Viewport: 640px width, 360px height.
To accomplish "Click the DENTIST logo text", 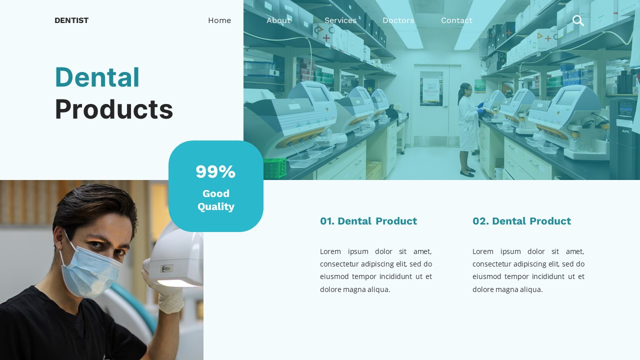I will click(x=71, y=20).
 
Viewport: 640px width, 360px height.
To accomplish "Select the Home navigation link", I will click(x=219, y=20).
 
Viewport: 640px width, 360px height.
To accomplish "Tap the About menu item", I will click(x=278, y=20).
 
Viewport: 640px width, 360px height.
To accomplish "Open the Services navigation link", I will click(x=340, y=20).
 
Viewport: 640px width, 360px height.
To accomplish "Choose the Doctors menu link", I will click(x=398, y=20).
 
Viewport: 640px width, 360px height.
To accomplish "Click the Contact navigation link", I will click(x=456, y=20).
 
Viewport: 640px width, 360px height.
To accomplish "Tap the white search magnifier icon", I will click(x=578, y=20).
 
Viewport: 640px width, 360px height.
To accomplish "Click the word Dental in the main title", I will click(x=97, y=77).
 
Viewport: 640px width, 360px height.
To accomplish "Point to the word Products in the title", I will click(x=114, y=109).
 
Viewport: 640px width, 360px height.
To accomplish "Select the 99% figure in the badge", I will click(x=215, y=171).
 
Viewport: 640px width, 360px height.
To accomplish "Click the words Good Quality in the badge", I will click(x=216, y=200).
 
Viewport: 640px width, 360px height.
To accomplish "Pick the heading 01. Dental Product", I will click(x=368, y=221).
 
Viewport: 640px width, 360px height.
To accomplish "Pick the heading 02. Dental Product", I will click(x=521, y=221).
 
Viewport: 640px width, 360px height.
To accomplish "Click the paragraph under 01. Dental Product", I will click(x=376, y=270).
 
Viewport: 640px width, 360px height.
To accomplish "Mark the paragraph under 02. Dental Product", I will click(x=528, y=270).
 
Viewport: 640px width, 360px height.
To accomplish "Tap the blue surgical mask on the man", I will click(x=93, y=270).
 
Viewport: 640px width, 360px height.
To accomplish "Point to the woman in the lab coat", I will click(x=467, y=127).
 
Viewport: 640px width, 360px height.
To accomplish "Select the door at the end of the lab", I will click(x=430, y=105).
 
